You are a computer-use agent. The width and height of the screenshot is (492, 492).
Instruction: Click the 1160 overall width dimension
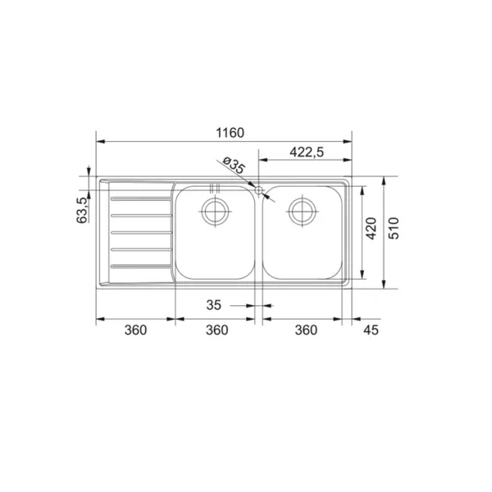(x=230, y=133)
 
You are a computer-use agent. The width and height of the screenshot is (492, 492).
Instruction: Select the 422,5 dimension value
(x=306, y=153)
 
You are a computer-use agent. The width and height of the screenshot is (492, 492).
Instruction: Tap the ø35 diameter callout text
(x=233, y=165)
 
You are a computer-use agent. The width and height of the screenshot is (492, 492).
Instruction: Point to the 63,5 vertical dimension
(x=82, y=210)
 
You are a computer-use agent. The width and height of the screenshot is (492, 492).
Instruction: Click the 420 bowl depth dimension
(x=371, y=228)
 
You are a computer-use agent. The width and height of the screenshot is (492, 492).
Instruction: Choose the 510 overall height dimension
(x=394, y=228)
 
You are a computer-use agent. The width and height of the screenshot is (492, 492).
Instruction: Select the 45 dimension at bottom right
(x=371, y=330)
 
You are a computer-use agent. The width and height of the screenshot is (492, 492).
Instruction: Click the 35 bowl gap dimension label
(x=213, y=305)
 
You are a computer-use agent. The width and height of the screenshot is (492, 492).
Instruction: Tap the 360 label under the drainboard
(x=135, y=330)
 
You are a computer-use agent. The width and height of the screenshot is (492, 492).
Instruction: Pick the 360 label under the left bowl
(x=216, y=330)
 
